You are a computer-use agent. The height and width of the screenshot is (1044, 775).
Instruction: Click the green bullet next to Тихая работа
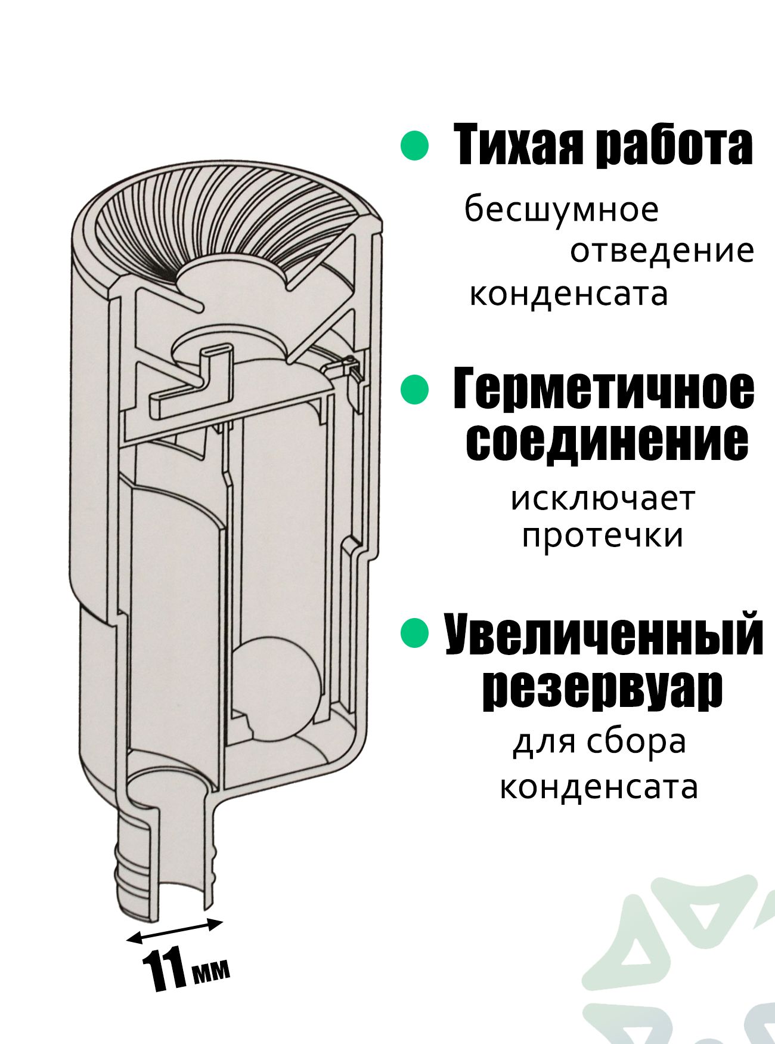(414, 146)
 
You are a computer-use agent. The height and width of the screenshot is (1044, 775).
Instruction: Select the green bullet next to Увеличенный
(414, 634)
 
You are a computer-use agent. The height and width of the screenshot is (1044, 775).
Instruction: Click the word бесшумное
(562, 210)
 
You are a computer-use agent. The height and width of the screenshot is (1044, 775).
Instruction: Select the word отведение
(662, 252)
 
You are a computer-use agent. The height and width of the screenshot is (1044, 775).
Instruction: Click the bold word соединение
(606, 441)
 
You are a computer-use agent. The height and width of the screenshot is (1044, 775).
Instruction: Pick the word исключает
(603, 499)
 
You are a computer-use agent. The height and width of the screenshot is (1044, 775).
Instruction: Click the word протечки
(603, 536)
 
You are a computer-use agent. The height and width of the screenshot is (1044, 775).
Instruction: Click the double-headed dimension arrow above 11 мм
(175, 931)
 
